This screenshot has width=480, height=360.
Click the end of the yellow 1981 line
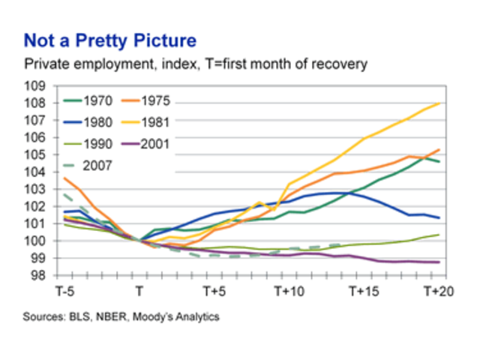coord(439,103)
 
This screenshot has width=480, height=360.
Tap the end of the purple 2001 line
coord(439,262)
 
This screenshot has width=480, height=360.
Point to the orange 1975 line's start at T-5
coord(64,178)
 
